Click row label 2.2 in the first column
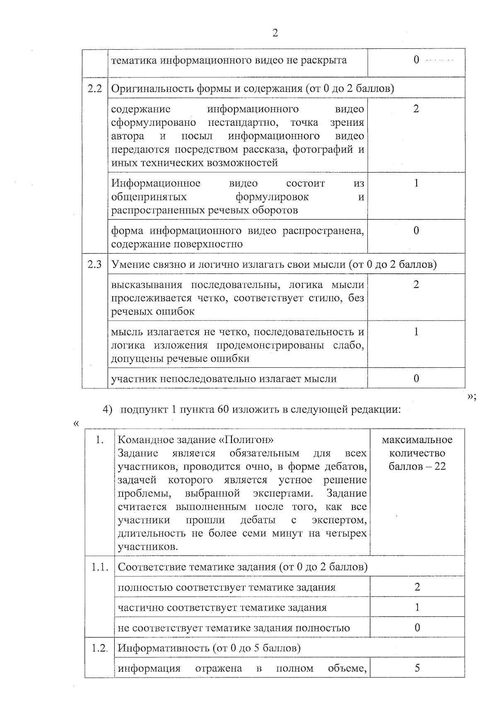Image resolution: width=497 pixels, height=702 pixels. (x=95, y=89)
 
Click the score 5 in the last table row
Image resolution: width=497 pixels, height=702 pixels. (x=417, y=668)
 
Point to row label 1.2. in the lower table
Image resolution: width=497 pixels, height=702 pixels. (x=100, y=648)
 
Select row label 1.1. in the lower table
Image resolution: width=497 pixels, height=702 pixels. (x=100, y=567)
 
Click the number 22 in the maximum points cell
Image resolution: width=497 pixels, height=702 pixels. (x=438, y=467)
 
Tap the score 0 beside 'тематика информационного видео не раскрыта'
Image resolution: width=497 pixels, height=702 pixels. (x=416, y=60)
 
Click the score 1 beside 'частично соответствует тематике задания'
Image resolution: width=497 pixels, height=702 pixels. (x=417, y=607)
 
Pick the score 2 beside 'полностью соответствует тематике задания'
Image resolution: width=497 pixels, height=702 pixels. (x=417, y=587)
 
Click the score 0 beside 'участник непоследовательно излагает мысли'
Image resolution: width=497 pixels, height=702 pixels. (x=416, y=379)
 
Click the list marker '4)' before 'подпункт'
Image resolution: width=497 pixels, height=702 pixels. (x=108, y=410)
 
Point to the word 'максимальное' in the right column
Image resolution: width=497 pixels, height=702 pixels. (x=417, y=440)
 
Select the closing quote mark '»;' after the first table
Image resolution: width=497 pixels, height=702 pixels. (x=471, y=397)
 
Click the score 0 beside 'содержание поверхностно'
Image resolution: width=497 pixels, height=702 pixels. (x=416, y=230)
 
